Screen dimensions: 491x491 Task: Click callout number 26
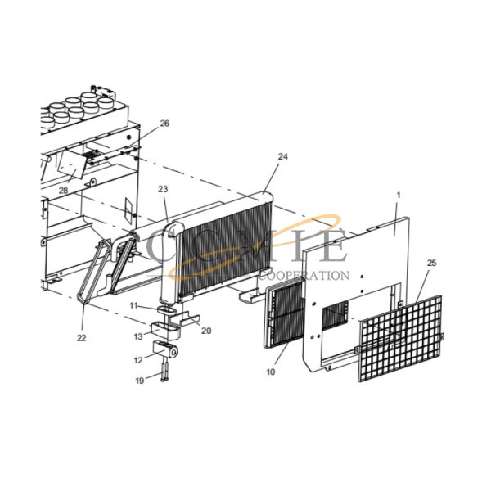[164, 124]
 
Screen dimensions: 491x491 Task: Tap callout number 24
[282, 156]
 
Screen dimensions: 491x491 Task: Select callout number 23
[163, 189]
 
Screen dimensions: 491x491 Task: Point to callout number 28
[63, 190]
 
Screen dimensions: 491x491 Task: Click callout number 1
[399, 195]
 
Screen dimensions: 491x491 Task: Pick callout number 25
[431, 263]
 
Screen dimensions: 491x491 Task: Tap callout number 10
[271, 372]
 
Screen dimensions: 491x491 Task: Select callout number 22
[81, 338]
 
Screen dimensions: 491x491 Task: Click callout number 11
[133, 305]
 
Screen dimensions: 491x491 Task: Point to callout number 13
[138, 336]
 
